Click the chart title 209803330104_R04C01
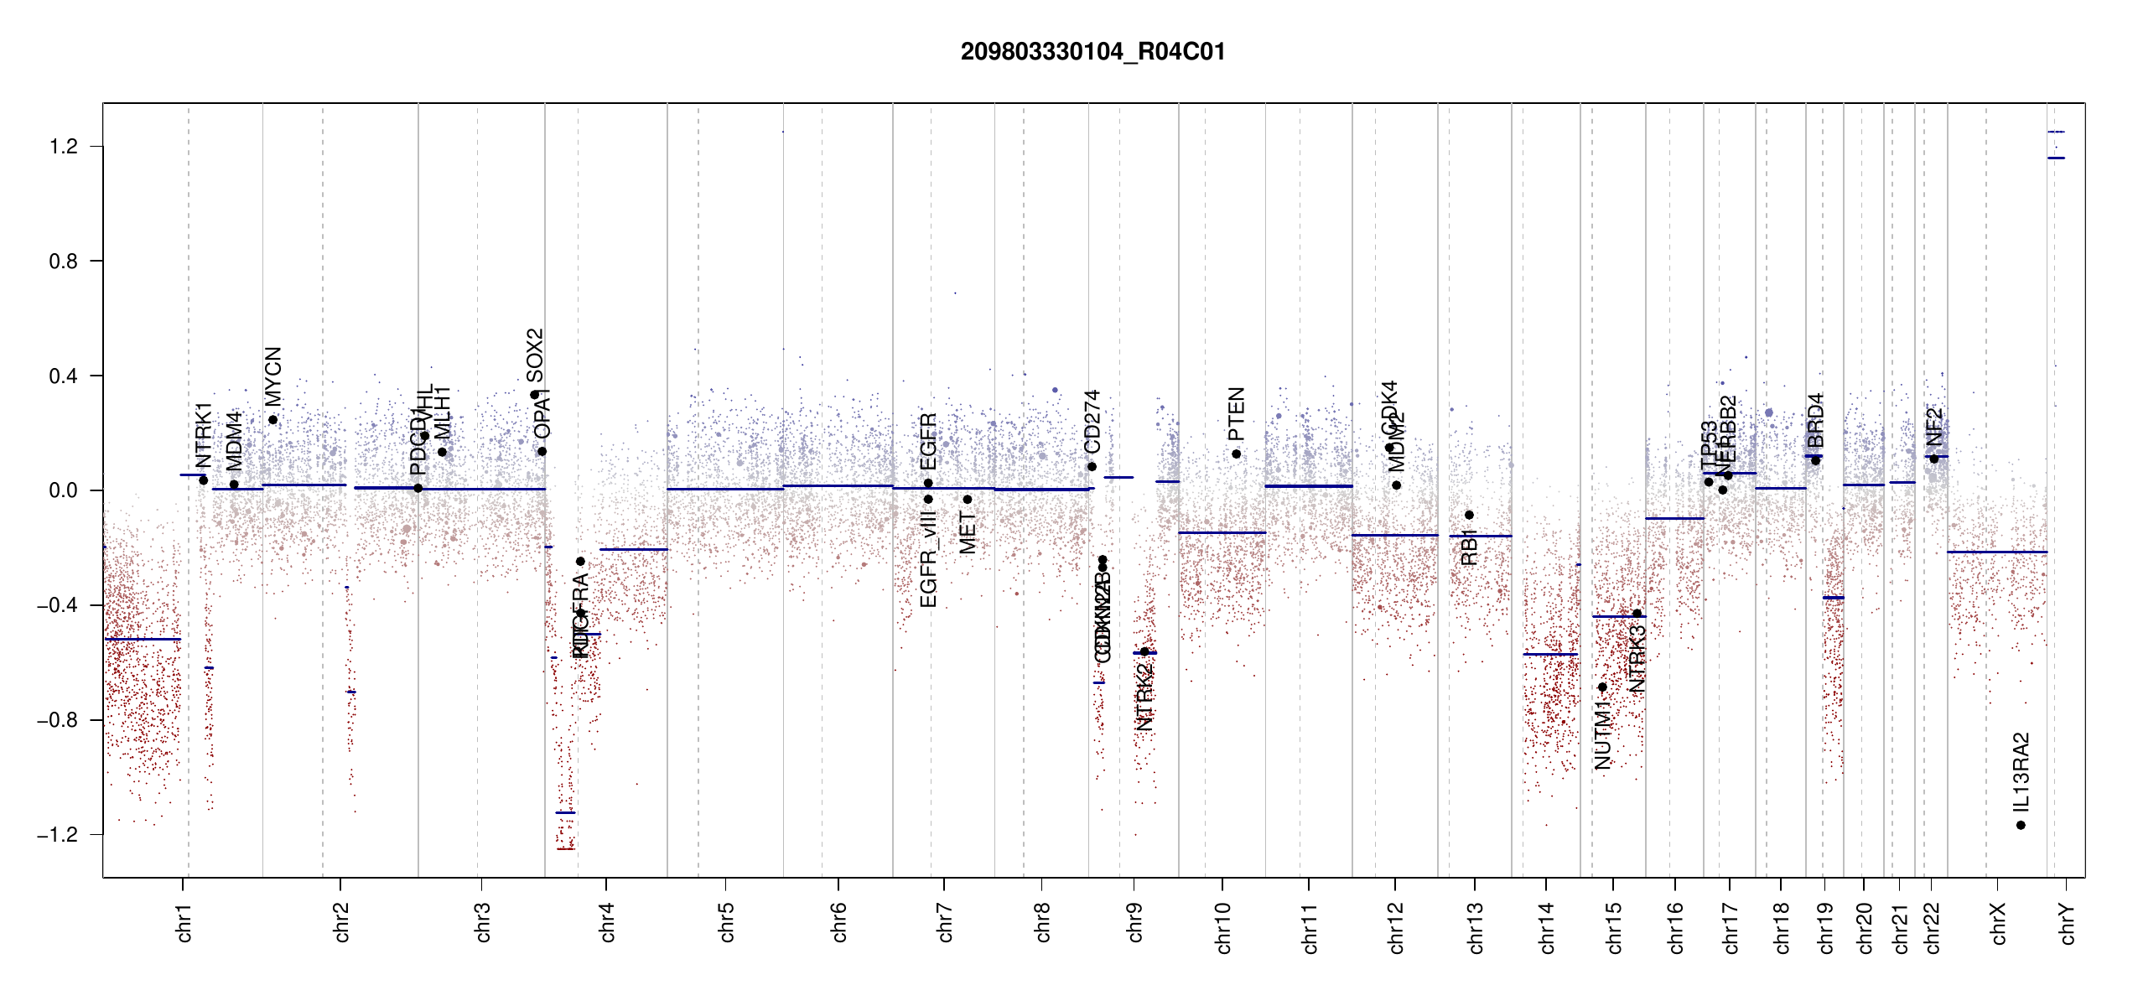point(1092,52)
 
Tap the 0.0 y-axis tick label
point(63,490)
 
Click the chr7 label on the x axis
point(945,922)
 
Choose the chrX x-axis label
point(1998,923)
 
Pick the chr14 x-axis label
point(1547,927)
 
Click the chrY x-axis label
point(2068,923)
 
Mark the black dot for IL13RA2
point(2021,825)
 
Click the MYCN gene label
point(273,376)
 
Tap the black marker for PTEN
point(1236,454)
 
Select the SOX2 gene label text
point(535,355)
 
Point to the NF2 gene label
point(1934,427)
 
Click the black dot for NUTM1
point(1602,687)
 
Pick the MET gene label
point(968,533)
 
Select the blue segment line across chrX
point(1996,552)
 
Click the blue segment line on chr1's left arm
point(143,640)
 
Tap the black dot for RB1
point(1469,515)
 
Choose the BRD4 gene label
point(1815,420)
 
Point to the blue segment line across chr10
point(1222,532)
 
